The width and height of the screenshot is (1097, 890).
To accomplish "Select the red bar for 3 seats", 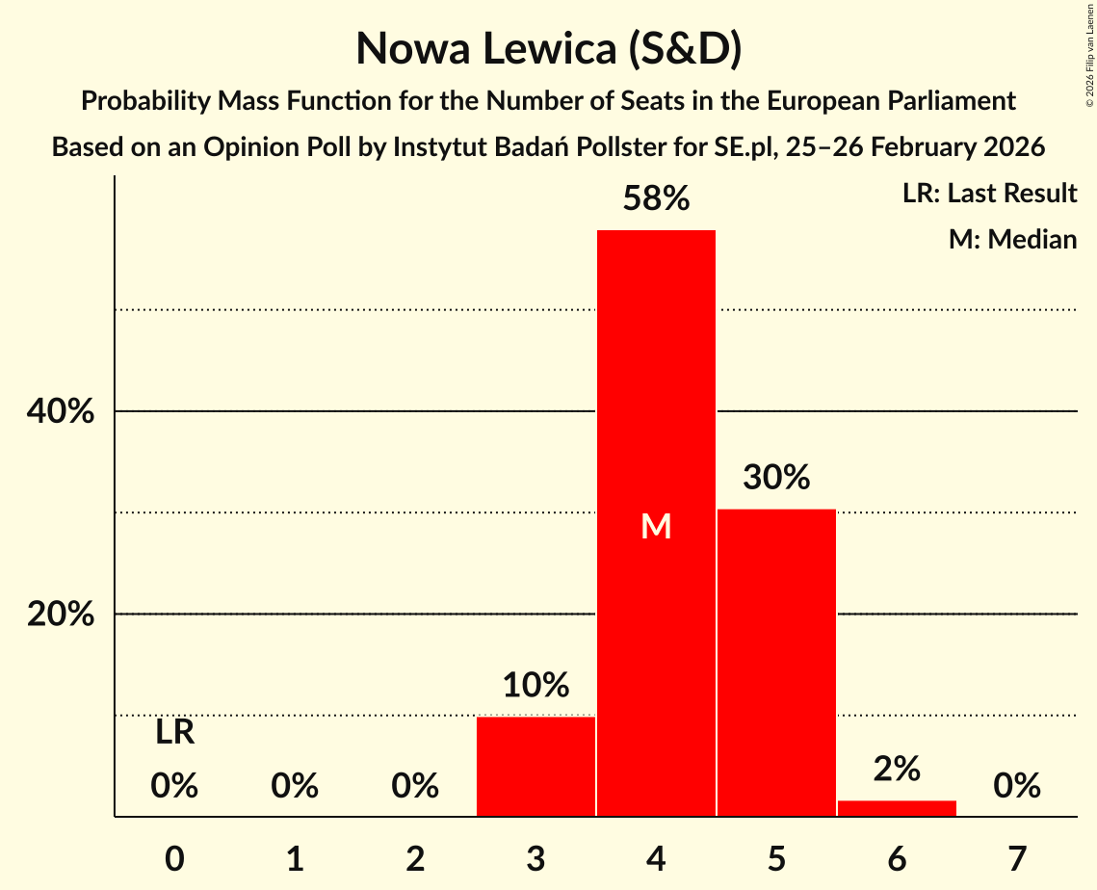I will pyautogui.click(x=535, y=767).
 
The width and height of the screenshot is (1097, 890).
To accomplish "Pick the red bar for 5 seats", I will pyautogui.click(x=776, y=663).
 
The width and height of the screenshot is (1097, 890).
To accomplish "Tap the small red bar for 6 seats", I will pyautogui.click(x=897, y=808).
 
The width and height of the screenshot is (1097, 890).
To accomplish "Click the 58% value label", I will pyautogui.click(x=656, y=199).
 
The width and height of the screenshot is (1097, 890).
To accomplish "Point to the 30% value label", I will pyautogui.click(x=776, y=478).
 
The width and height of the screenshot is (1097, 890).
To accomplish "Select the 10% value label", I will pyautogui.click(x=535, y=686).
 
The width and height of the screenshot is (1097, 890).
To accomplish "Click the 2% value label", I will pyautogui.click(x=897, y=769).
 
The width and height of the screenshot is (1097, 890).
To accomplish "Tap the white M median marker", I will pyautogui.click(x=656, y=526).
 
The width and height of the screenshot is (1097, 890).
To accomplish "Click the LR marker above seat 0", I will pyautogui.click(x=174, y=733).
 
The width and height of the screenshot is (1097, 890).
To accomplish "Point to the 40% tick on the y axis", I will pyautogui.click(x=61, y=412).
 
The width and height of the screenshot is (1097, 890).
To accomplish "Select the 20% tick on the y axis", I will pyautogui.click(x=61, y=615).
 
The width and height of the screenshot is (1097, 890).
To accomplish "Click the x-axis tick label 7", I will pyautogui.click(x=1017, y=857).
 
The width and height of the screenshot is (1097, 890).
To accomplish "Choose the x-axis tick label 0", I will pyautogui.click(x=174, y=857).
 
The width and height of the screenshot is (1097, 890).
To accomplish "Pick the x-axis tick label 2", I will pyautogui.click(x=415, y=857).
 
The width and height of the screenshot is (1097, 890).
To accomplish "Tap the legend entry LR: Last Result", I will pyautogui.click(x=989, y=194).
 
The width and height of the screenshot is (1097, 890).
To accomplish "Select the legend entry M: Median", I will pyautogui.click(x=1012, y=239).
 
